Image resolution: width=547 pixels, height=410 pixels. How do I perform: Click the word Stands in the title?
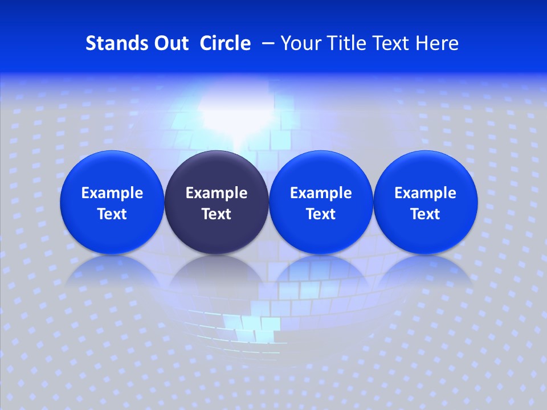click(x=109, y=43)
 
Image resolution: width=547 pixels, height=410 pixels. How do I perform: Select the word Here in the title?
click(x=437, y=43)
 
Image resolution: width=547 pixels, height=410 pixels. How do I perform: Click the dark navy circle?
click(x=217, y=202)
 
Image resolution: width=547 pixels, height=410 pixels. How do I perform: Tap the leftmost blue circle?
click(x=112, y=202)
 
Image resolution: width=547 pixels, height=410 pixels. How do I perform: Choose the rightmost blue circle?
click(x=426, y=202)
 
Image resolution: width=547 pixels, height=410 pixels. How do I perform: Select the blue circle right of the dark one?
click(x=321, y=202)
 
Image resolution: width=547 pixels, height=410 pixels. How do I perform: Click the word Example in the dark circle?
click(x=217, y=193)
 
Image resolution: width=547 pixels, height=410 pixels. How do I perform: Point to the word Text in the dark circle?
click(x=217, y=214)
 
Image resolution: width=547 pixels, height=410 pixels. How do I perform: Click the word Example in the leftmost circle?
click(x=112, y=193)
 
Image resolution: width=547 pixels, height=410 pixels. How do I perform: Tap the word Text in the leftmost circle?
click(x=112, y=214)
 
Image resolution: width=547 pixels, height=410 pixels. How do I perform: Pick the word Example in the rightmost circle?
click(x=426, y=193)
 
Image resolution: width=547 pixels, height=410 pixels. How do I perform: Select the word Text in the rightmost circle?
click(x=426, y=214)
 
